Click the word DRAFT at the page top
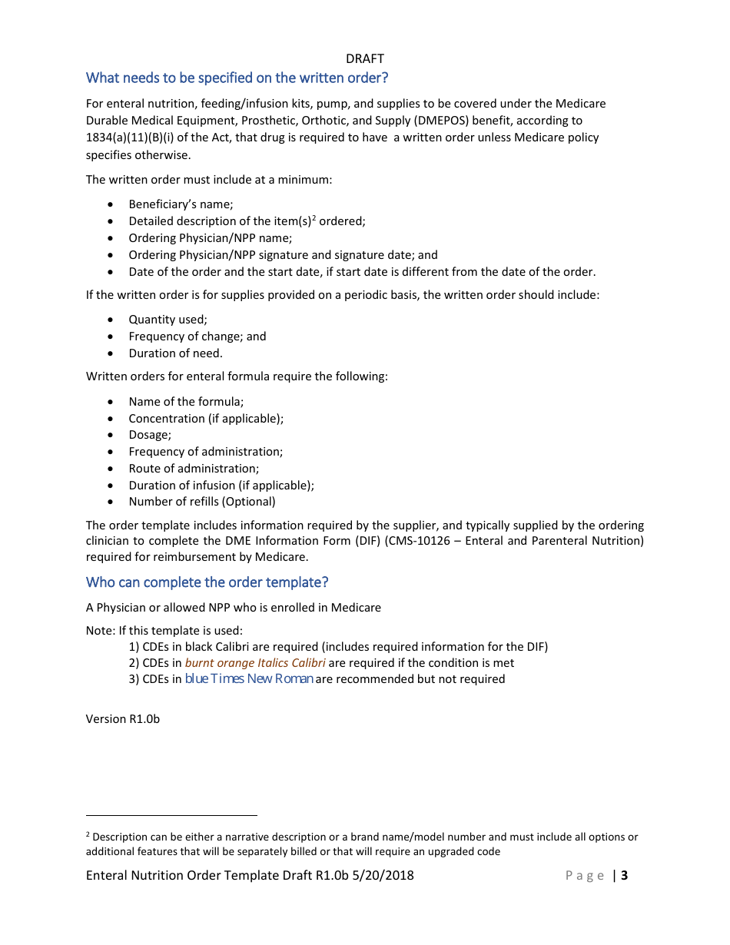365,58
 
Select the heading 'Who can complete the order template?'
207,582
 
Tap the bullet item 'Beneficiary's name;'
181,204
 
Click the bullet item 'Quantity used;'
168,320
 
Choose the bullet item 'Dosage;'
150,435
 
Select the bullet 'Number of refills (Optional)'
201,502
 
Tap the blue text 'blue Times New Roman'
249,678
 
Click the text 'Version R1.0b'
123,718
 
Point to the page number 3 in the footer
625,875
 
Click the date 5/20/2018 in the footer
386,875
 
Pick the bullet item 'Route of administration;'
194,468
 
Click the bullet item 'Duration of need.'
175,353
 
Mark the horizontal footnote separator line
171,815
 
